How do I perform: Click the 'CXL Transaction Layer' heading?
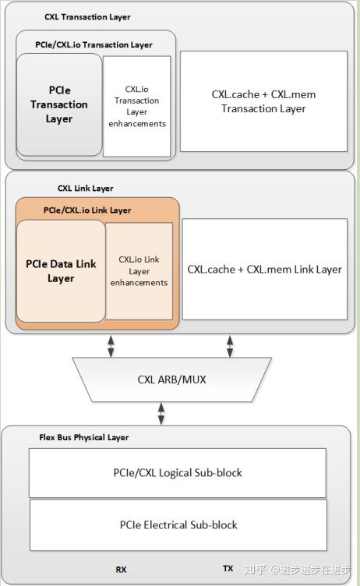(x=87, y=17)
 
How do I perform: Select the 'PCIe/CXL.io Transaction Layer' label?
(x=94, y=45)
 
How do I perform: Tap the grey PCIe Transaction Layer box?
(x=60, y=104)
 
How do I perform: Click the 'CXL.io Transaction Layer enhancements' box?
(x=141, y=106)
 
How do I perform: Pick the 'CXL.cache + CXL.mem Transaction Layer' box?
(x=263, y=101)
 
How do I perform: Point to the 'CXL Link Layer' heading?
(x=85, y=189)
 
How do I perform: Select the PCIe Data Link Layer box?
(x=61, y=271)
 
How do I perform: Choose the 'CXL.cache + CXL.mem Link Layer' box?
(x=264, y=269)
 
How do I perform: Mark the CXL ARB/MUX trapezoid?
(x=171, y=379)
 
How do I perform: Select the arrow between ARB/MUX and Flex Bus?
(x=161, y=413)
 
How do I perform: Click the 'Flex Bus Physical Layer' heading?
(x=83, y=438)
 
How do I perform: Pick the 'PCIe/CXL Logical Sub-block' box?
(x=177, y=473)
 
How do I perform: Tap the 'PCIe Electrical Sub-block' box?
(x=178, y=524)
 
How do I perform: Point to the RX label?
(x=121, y=570)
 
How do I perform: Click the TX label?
(x=228, y=569)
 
